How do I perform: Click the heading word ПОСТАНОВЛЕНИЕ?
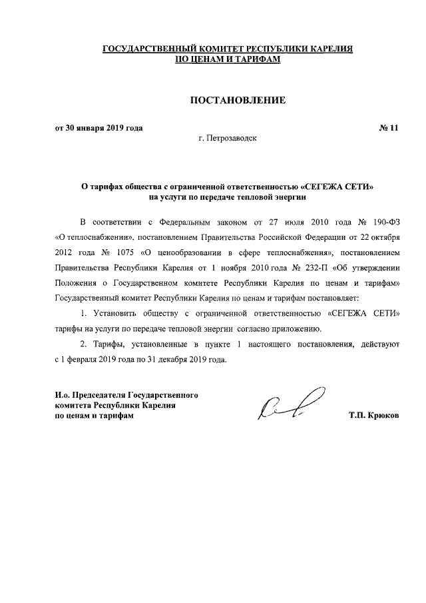[238, 101]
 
